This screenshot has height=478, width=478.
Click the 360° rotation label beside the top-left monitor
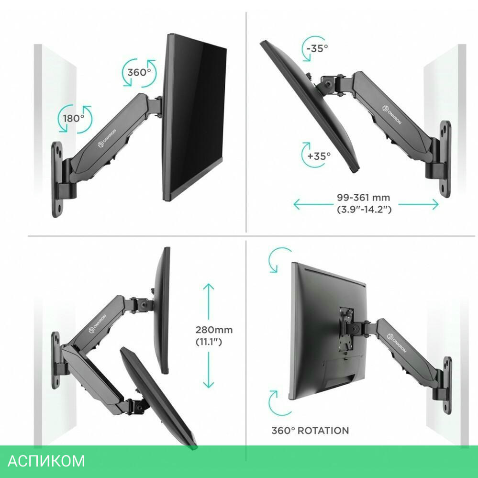[x=139, y=73]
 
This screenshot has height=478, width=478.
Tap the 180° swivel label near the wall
[x=74, y=118]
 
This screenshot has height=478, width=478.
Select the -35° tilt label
[x=317, y=48]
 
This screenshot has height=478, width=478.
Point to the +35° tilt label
[x=319, y=156]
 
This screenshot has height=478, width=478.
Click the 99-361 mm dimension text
[x=363, y=198]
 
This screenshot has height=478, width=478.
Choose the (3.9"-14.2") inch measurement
[x=364, y=210]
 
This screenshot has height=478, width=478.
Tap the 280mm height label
[x=214, y=330]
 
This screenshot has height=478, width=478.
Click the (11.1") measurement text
[x=209, y=342]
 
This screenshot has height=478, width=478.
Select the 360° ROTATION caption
[x=310, y=431]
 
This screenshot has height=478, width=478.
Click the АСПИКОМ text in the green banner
[x=46, y=461]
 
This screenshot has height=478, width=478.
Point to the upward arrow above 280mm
[x=209, y=301]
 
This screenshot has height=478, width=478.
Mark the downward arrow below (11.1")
[x=209, y=370]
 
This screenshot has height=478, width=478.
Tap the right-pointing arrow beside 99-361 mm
[x=419, y=204]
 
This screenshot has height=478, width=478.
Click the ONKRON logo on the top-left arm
[x=107, y=139]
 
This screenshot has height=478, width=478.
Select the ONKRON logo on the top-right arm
[x=392, y=115]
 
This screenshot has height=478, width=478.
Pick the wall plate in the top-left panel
[x=57, y=179]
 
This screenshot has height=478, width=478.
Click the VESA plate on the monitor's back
[x=346, y=329]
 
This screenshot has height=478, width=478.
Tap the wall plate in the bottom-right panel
[x=447, y=385]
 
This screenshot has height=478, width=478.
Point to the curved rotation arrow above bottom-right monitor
[x=278, y=259]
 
